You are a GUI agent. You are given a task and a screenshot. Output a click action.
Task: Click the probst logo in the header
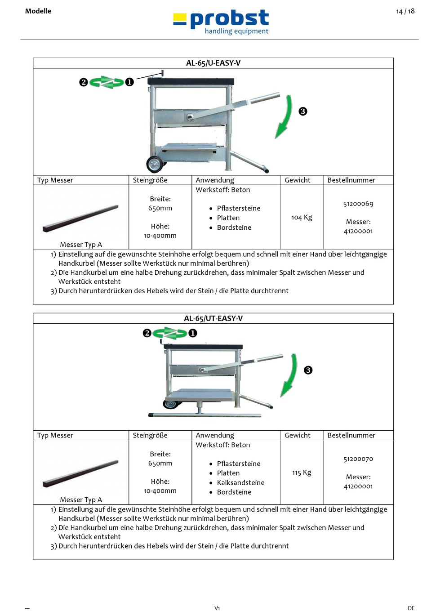coord(221,22)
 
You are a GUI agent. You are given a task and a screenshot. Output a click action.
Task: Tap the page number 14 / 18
coord(405,11)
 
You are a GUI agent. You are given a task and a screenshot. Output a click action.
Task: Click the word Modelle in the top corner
coord(38,11)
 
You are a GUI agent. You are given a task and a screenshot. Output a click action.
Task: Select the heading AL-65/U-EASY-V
coord(213,63)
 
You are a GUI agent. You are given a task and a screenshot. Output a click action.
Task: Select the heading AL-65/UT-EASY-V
coord(213,318)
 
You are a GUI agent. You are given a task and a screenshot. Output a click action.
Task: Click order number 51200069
coord(358,204)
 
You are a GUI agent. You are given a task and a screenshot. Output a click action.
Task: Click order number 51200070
coord(358,459)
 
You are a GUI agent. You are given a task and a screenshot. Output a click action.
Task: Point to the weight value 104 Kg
coord(302,217)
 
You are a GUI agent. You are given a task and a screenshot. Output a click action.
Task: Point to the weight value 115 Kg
coord(302,473)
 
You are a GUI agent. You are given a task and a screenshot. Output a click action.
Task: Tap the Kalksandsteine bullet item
coord(240,482)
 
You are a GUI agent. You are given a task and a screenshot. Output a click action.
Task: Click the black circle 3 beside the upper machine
coord(303,111)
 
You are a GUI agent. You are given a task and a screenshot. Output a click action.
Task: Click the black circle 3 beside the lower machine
coord(308,370)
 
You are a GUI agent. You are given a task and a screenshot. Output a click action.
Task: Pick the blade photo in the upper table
coord(81,218)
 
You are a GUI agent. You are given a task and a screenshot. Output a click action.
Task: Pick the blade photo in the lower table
coord(81,473)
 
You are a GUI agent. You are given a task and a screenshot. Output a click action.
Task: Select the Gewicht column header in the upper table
coord(297,180)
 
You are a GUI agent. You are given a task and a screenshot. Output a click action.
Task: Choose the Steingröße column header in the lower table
coord(150,435)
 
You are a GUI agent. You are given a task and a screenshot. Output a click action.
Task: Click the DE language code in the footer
coord(411,608)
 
